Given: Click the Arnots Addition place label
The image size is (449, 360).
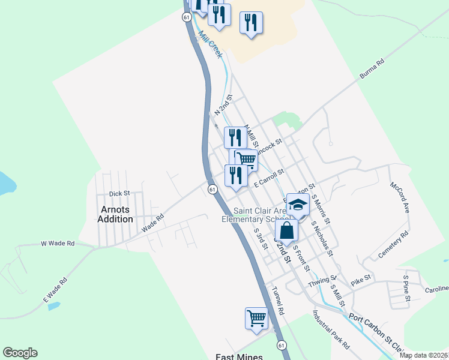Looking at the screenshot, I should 115,214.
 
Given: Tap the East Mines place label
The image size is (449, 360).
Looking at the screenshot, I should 239,356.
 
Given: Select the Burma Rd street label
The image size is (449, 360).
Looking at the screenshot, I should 371,69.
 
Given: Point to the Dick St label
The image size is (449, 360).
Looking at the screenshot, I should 119,194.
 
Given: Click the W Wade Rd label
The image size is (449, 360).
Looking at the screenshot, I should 58,244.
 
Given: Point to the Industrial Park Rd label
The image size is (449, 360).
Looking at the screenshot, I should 331,331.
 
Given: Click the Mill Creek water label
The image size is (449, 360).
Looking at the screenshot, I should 211,45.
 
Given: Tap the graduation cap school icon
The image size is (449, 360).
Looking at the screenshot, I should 297,205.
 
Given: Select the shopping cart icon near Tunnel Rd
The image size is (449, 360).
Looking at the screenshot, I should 256,317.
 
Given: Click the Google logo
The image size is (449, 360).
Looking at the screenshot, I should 20,353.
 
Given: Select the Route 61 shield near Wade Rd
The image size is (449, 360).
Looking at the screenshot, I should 212,190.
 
